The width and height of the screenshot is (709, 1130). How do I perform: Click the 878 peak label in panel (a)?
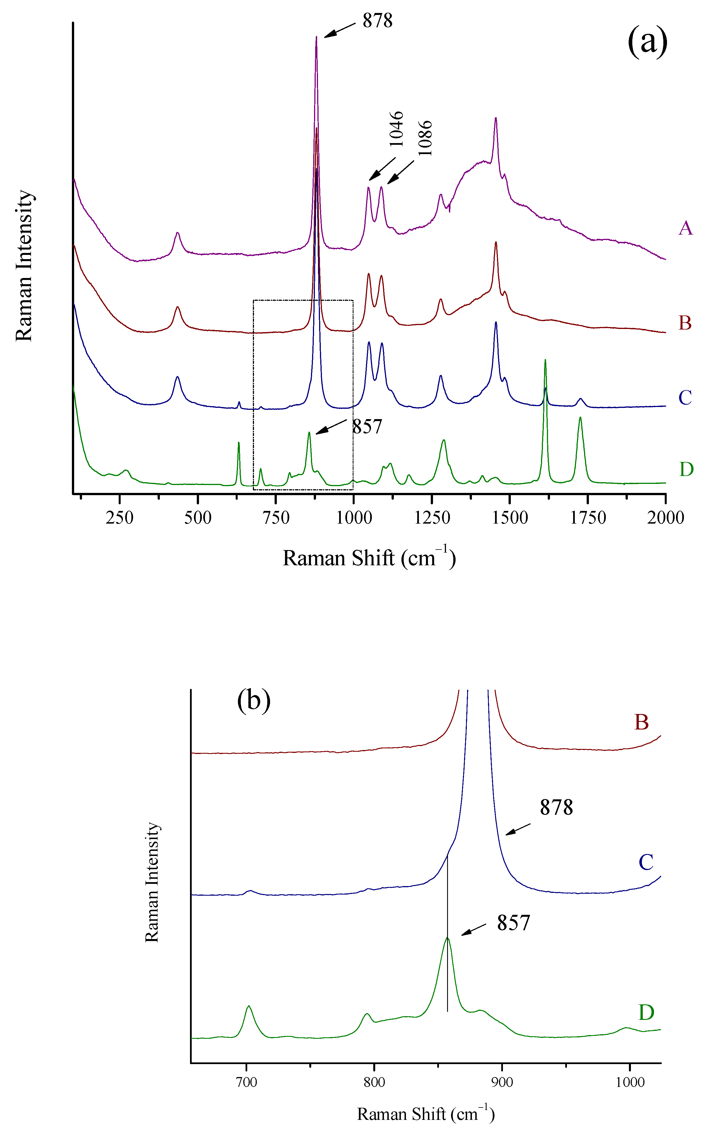coord(377,21)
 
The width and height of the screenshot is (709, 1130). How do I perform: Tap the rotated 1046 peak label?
coord(396,129)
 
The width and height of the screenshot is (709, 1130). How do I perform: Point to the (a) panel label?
coord(647,42)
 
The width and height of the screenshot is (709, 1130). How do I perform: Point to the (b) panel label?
coord(254,701)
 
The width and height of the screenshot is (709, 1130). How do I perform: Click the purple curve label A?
coord(685,228)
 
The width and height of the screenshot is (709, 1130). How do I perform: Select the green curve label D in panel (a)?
coord(686,469)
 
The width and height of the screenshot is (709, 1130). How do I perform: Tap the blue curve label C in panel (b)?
coord(646,862)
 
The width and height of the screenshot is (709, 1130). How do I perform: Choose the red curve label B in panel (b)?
coord(641,722)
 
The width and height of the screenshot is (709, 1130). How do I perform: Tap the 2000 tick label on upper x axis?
coord(665,518)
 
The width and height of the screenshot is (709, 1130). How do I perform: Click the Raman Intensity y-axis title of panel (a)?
coord(24,266)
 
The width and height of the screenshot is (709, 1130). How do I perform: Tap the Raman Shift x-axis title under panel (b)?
coord(426,1114)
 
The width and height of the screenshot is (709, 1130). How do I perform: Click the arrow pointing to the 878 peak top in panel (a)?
coord(339,30)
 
